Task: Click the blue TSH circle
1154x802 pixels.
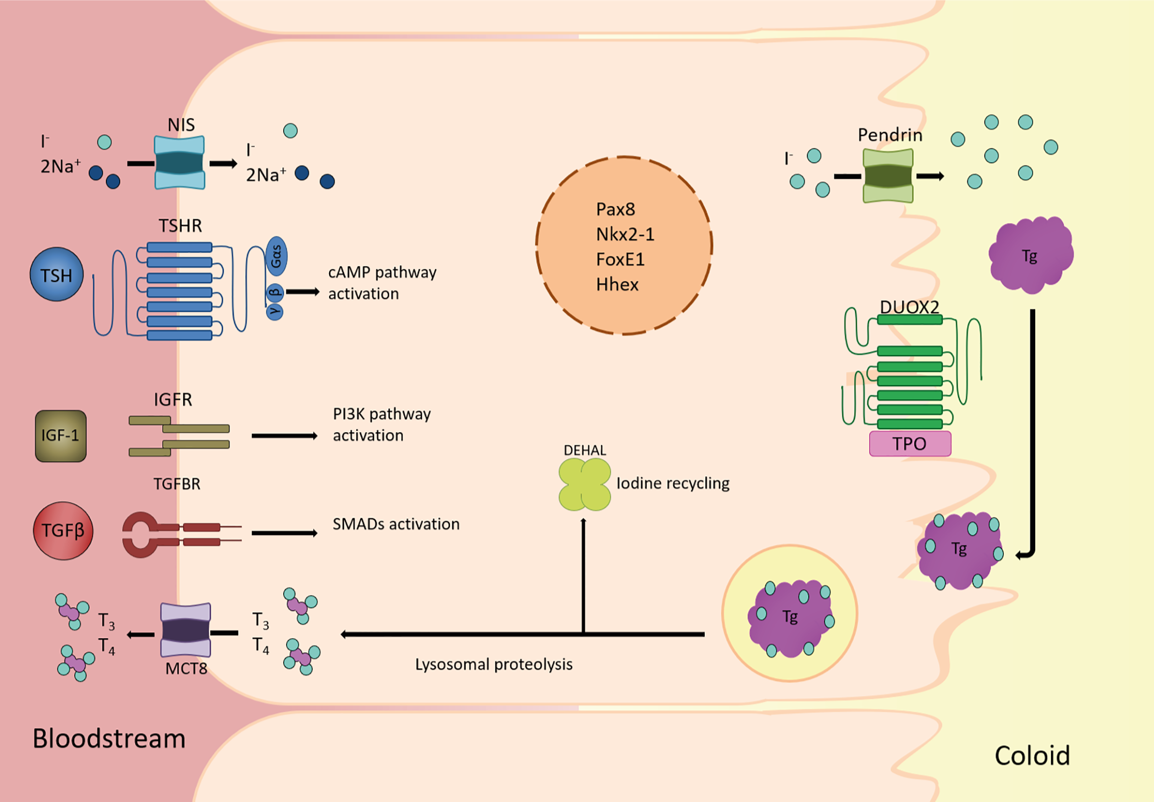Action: [x=56, y=274]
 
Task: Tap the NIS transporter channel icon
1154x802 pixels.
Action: [x=179, y=162]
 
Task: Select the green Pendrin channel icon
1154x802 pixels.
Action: [x=888, y=176]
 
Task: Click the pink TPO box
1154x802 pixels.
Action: [x=910, y=444]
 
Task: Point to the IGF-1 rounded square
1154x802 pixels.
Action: [x=61, y=435]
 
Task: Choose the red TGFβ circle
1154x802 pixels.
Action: [x=63, y=531]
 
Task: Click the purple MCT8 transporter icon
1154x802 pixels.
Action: [x=185, y=630]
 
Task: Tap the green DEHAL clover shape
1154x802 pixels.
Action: [x=584, y=484]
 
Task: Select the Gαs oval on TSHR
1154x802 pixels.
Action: [x=276, y=256]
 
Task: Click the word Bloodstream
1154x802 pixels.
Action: [x=109, y=738]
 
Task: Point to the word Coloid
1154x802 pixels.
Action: [x=1032, y=756]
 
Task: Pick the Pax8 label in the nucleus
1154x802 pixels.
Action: [x=616, y=209]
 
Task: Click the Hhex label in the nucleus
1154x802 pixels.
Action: [x=617, y=285]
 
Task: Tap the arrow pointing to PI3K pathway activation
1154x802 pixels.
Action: [x=284, y=435]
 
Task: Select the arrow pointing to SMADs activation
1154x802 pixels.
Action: [x=284, y=533]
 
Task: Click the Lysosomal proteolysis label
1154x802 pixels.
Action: [x=494, y=665]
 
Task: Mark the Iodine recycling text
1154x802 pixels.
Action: [x=673, y=483]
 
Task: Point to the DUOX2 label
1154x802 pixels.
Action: [x=909, y=307]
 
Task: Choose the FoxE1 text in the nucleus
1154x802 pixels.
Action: [x=620, y=260]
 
